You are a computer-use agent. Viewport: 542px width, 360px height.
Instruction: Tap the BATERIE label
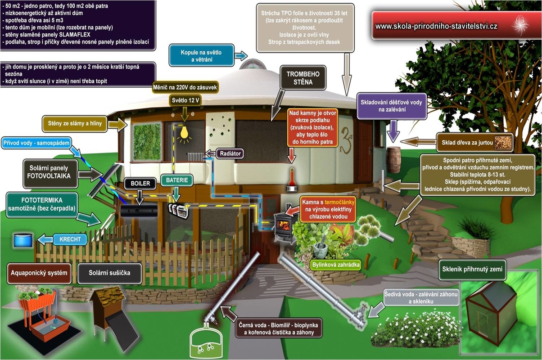point(177,180)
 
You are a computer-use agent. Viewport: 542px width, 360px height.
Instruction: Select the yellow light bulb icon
point(184,134)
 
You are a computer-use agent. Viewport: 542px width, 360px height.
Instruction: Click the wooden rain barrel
point(393,159)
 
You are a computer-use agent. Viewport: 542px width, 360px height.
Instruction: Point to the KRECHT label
point(70,239)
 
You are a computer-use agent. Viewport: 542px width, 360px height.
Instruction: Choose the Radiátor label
point(230,153)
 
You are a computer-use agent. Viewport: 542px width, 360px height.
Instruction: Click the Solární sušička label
point(110,273)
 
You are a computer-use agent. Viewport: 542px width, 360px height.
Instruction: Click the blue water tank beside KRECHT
point(23,239)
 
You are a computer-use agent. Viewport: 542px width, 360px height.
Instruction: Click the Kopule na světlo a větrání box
point(202,56)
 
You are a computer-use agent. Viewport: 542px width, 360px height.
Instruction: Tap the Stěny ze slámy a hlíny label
point(75,122)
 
